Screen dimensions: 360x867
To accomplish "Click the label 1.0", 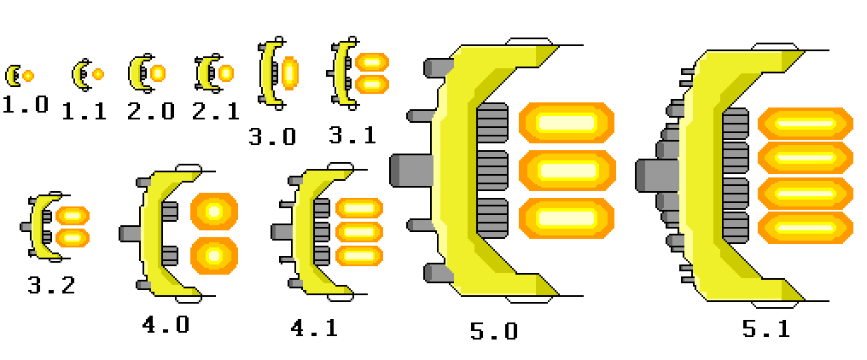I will click(x=25, y=106).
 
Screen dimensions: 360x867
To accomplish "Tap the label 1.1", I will click(x=84, y=111).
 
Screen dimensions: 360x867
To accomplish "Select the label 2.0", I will click(x=150, y=111).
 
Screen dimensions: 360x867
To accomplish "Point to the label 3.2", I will click(x=50, y=285).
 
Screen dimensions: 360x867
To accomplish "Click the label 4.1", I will click(x=314, y=328).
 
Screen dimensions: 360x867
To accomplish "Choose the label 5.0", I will click(x=493, y=331).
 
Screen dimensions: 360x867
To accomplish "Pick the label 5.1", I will click(x=765, y=328).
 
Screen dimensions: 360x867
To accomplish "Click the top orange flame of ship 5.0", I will click(x=567, y=122).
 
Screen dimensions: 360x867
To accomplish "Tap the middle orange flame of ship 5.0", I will click(x=567, y=170).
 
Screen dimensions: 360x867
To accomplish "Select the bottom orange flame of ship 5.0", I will click(x=567, y=218).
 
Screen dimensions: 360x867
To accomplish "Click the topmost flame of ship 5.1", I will click(x=806, y=124).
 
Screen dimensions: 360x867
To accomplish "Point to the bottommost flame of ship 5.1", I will click(x=806, y=227).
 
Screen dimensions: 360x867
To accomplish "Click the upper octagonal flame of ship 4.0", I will click(x=214, y=211).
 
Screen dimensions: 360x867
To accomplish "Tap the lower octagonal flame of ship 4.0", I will click(x=214, y=255).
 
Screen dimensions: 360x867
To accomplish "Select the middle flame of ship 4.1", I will click(x=359, y=231).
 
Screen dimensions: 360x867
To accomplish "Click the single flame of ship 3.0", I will click(x=290, y=73).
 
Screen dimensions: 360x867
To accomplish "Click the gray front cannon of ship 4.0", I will click(x=131, y=233).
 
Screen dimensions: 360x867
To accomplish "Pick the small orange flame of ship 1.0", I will click(x=28, y=76).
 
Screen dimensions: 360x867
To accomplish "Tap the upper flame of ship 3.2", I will click(x=73, y=216).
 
